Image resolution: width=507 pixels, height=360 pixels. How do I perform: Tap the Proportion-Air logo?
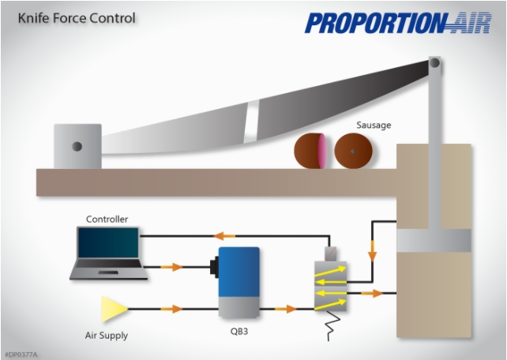click(387, 22)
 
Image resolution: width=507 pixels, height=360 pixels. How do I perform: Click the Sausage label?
click(373, 126)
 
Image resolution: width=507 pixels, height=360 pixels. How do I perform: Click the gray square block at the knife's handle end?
click(77, 147)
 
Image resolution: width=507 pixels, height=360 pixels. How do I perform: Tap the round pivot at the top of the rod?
click(434, 63)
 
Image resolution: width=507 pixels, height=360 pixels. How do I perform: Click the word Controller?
click(107, 219)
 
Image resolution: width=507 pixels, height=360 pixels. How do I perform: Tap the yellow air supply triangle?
click(111, 308)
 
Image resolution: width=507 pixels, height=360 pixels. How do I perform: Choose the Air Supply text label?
click(107, 336)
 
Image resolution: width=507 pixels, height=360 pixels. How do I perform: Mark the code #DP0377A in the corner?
click(21, 354)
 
